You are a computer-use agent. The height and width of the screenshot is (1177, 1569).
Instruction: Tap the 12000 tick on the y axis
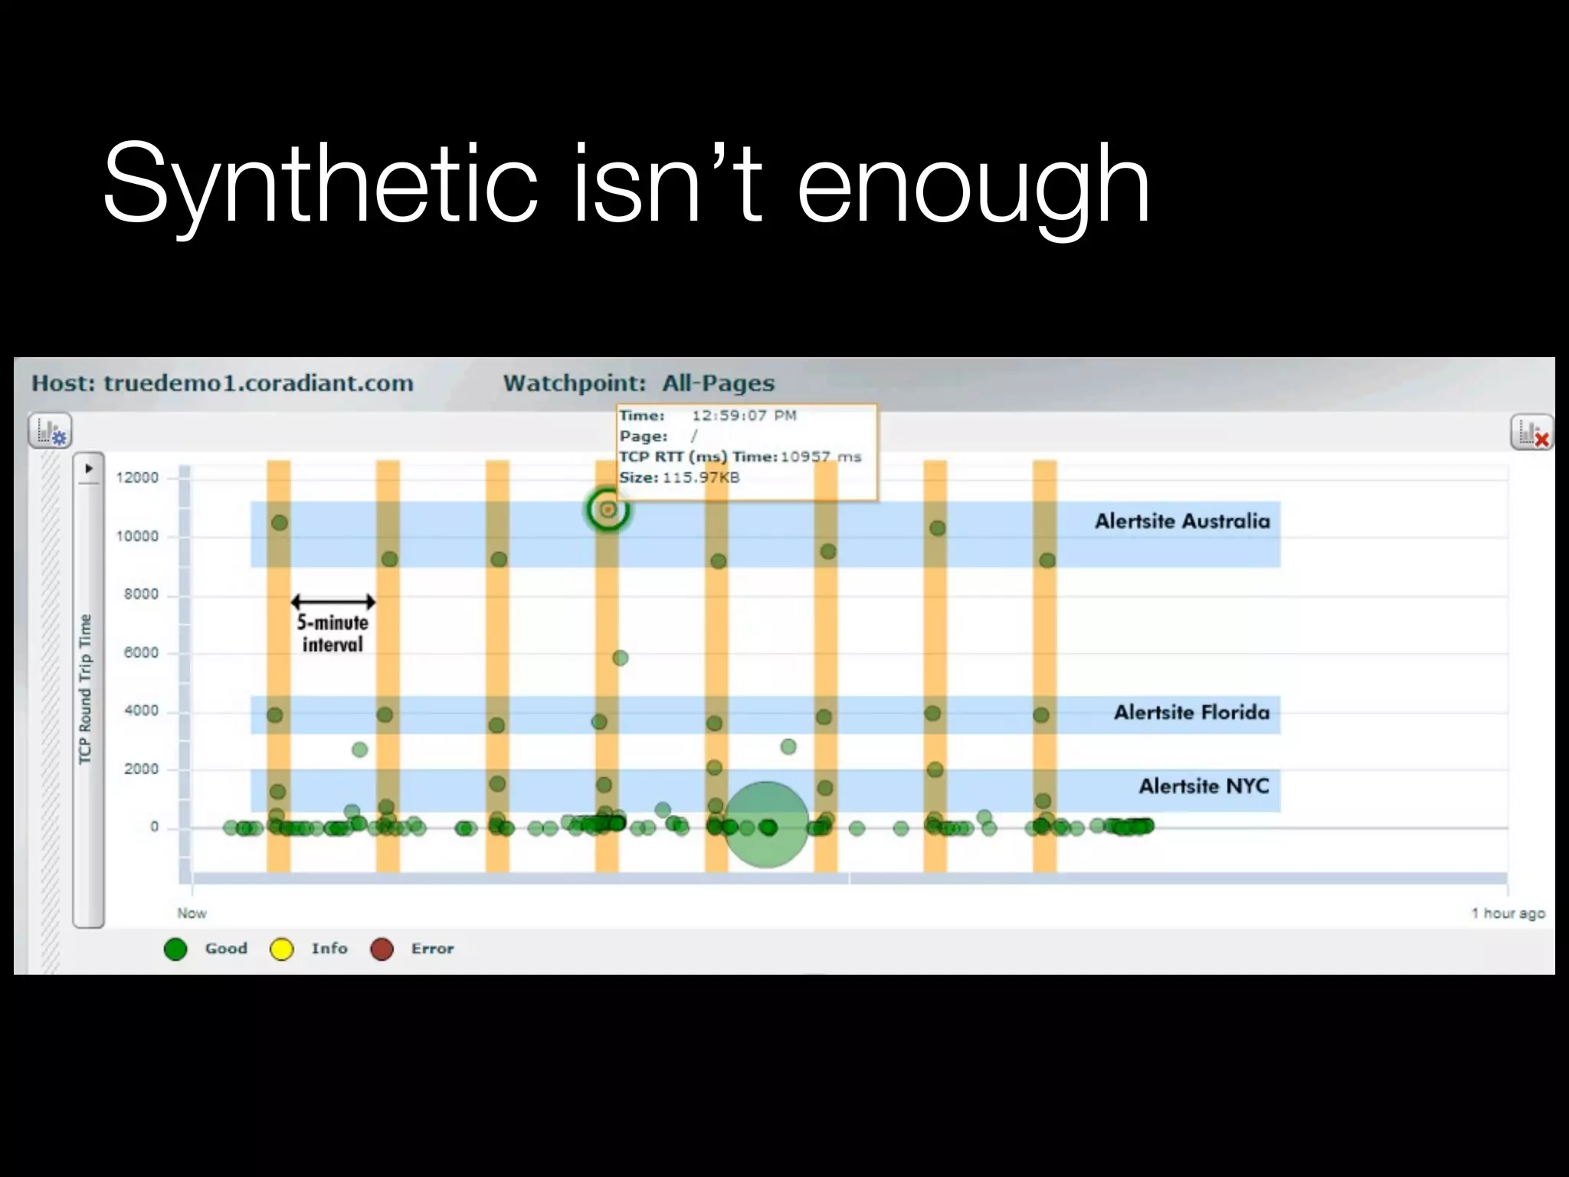pos(137,477)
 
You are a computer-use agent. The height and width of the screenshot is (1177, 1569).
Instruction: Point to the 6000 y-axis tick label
pos(141,653)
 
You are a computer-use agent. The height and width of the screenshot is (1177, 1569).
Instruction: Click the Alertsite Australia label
pos(1182,521)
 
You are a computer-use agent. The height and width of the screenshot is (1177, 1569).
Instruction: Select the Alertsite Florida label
pos(1191,713)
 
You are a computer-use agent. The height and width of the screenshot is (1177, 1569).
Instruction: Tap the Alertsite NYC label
pos(1204,786)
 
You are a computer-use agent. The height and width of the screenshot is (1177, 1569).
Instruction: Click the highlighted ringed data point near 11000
pos(608,510)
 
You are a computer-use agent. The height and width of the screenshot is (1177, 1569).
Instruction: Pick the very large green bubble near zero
pos(766,825)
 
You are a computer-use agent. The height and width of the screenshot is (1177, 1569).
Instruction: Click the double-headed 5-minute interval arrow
pos(332,602)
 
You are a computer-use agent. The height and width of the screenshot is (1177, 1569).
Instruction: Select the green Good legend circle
pos(175,949)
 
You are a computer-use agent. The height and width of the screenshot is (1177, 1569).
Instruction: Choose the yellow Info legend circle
pos(281,949)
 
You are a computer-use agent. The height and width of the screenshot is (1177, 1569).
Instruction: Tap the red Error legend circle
pos(382,949)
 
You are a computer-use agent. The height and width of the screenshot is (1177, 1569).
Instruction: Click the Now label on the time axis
pos(192,913)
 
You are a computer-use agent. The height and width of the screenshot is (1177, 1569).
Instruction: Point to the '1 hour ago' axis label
pos(1508,913)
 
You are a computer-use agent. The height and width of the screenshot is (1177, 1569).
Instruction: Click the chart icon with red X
pos(1531,433)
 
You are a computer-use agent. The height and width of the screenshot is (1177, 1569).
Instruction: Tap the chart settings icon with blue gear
pos(51,431)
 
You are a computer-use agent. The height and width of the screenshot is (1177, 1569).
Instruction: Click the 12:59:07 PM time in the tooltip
pos(744,415)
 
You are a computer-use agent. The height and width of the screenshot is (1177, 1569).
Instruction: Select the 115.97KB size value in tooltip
pos(701,477)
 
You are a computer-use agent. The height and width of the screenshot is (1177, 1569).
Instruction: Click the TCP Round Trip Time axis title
pos(85,689)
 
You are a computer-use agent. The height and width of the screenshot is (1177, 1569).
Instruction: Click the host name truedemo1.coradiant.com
pos(258,383)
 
